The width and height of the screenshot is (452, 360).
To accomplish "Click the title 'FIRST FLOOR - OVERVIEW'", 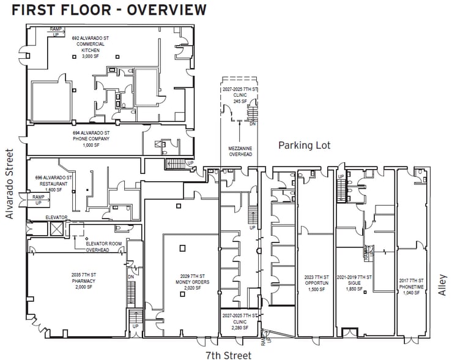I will (109, 10).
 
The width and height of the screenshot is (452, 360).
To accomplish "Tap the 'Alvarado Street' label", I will (9, 184).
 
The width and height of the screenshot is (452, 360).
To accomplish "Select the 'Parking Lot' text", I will (304, 145).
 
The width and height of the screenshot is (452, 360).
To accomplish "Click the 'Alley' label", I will (443, 284).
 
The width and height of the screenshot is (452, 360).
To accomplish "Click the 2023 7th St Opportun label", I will (316, 285).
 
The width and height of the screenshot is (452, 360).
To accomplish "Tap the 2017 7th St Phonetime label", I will (410, 285).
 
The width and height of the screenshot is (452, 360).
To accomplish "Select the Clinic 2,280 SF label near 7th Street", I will (240, 322).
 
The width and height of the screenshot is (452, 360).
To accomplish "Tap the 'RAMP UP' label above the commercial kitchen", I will (56, 31).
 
